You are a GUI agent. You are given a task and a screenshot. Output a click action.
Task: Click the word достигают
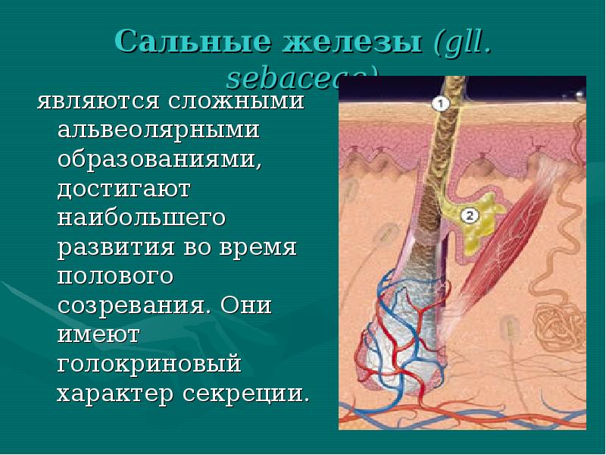pyautogui.click(x=123, y=187)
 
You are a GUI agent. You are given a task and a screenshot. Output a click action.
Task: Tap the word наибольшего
pyautogui.click(x=142, y=218)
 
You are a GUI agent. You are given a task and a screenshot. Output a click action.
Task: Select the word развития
pyautogui.click(x=114, y=248)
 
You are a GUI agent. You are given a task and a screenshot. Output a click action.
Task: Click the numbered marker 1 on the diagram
pyautogui.click(x=442, y=103)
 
